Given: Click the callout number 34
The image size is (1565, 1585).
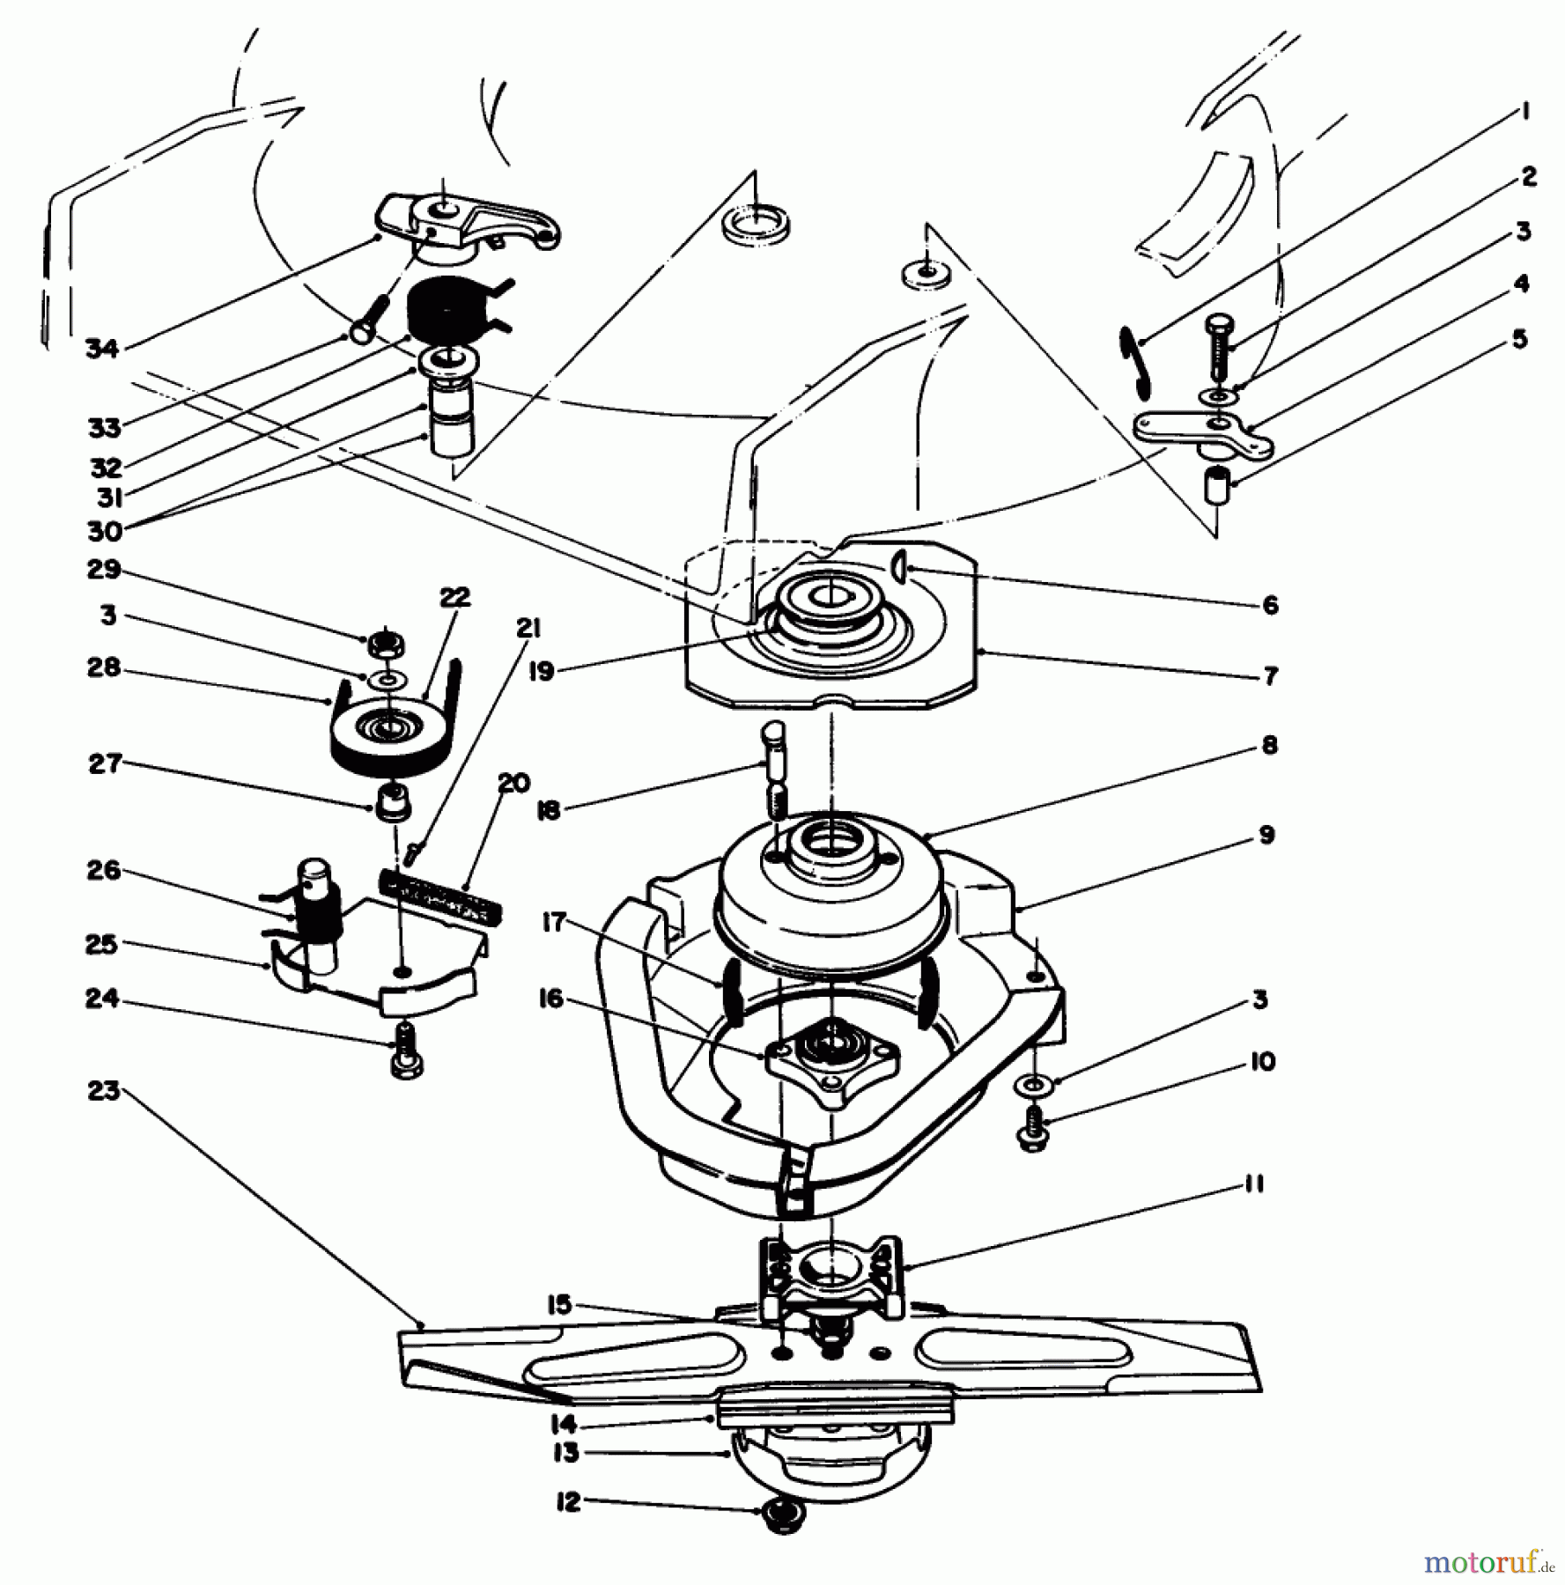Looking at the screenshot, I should click(102, 349).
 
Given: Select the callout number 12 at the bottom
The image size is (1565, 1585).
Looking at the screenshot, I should click(569, 1502).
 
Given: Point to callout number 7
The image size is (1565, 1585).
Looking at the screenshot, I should click(1269, 676).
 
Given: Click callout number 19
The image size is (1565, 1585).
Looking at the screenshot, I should click(542, 671).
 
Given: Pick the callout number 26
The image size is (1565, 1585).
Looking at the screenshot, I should click(103, 871).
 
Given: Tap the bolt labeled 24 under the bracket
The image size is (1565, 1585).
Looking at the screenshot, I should click(405, 1052).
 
